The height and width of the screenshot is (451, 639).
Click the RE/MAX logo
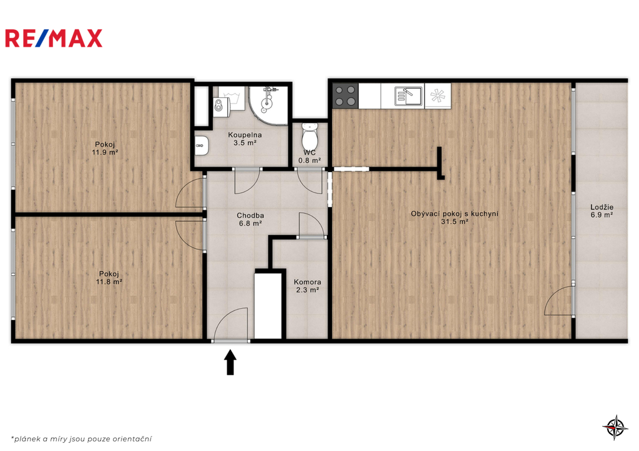(x=54, y=38)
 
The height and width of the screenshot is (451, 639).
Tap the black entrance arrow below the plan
(x=231, y=362)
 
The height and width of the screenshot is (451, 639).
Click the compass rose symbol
(x=615, y=427)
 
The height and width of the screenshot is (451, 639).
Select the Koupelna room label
(x=245, y=135)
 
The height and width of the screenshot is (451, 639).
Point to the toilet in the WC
(x=310, y=137)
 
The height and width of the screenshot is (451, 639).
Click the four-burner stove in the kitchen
(x=346, y=95)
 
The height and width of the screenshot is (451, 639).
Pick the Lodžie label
(x=602, y=207)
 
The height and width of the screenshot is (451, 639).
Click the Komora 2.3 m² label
(x=307, y=286)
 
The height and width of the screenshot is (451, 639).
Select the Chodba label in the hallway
(x=250, y=215)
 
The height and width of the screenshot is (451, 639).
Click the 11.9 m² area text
(x=105, y=152)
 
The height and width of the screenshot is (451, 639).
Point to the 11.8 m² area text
(x=109, y=281)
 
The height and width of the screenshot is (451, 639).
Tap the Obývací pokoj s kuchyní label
(x=454, y=213)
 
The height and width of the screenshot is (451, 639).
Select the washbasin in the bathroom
(x=202, y=145)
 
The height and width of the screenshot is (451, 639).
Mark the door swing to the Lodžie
(x=559, y=301)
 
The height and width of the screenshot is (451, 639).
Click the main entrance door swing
(x=231, y=324)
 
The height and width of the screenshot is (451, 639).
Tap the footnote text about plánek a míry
(x=82, y=439)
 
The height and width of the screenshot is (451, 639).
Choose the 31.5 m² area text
(x=454, y=221)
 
